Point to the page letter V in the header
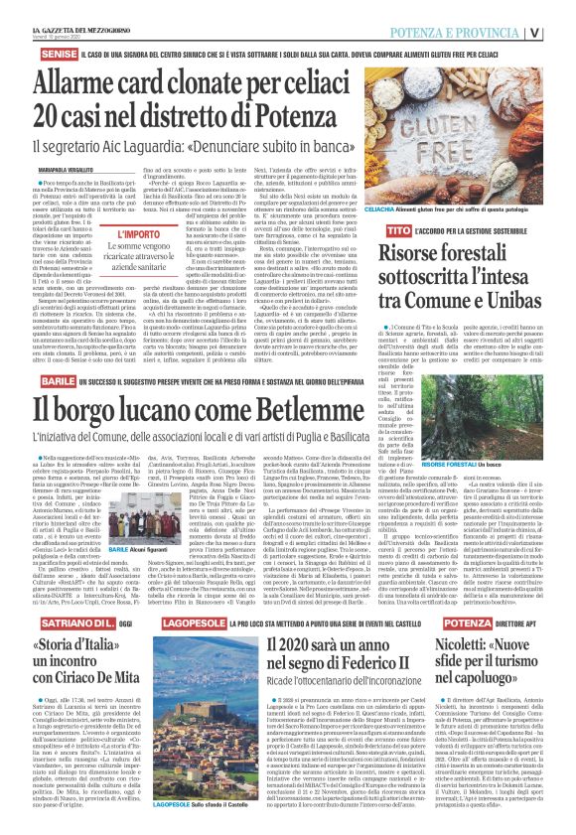pyautogui.click(x=562, y=31)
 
